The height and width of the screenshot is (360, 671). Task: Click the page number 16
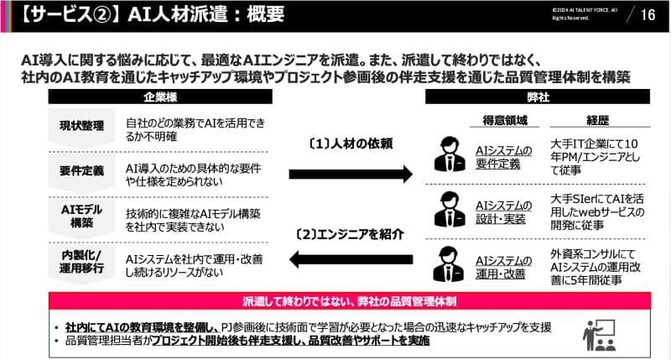648,14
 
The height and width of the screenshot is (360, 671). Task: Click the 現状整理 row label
81,127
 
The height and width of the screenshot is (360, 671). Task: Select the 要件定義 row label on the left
81,171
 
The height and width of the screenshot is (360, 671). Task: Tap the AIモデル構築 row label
81,216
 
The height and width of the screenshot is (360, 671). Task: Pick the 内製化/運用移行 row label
81,260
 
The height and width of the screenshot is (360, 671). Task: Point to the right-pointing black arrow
351,174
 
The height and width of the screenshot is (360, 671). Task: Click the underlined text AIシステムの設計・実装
503,212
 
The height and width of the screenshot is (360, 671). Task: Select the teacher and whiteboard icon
599,335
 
